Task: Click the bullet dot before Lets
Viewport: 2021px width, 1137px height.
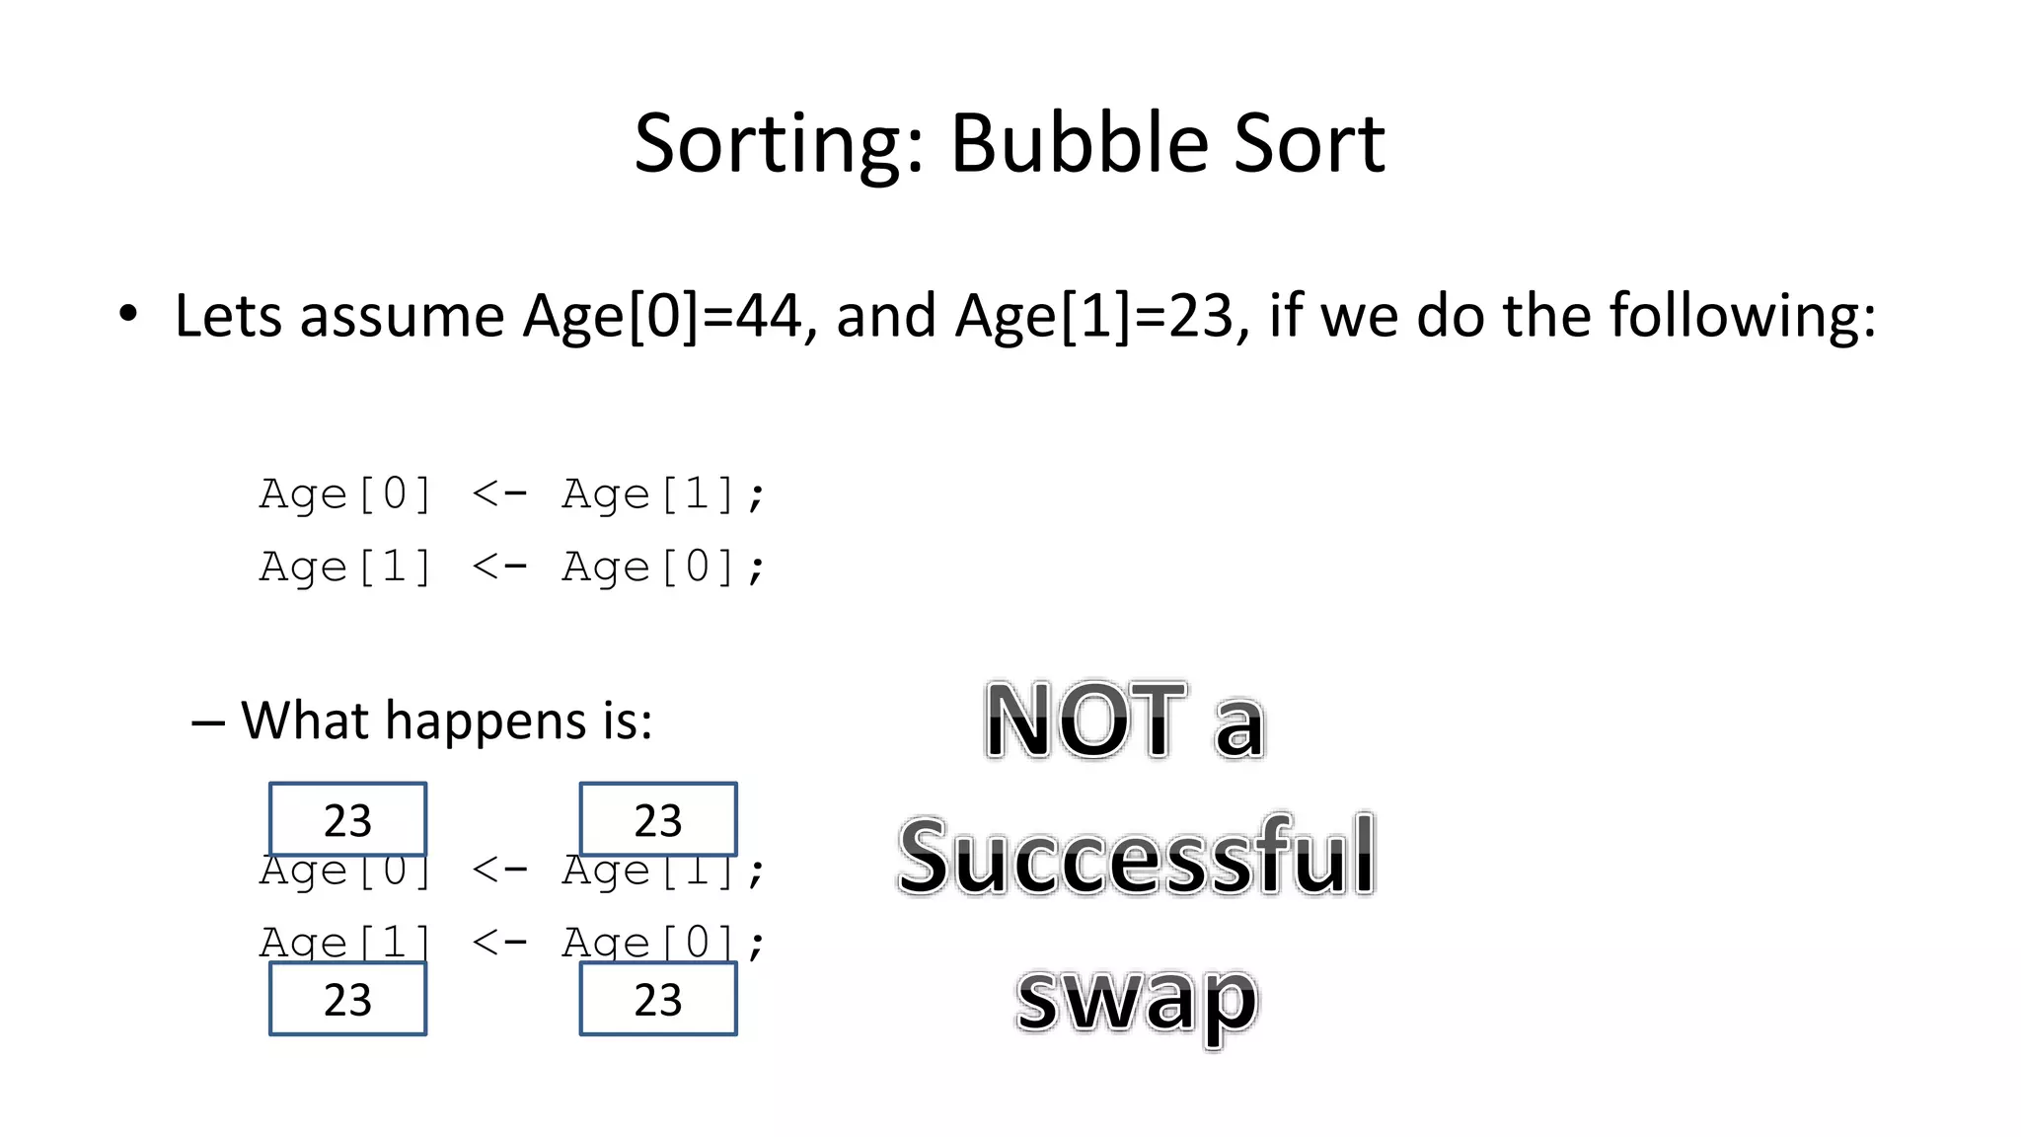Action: [128, 315]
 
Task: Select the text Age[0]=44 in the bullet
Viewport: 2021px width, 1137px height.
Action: [662, 317]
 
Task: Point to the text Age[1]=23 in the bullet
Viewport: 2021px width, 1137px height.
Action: [1094, 317]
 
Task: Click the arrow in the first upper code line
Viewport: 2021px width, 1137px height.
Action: [499, 492]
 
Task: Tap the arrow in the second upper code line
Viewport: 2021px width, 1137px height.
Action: [499, 566]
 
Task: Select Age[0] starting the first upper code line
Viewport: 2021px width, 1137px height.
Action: [345, 493]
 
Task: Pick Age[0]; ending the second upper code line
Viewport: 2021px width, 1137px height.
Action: [663, 568]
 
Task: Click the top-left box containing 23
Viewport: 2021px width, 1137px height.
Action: [347, 819]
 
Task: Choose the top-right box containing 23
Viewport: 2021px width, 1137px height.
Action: [658, 819]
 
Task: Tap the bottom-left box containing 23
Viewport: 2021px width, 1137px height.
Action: [347, 999]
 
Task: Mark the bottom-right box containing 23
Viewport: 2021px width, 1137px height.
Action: [658, 999]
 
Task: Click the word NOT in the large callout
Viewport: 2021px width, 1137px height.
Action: [1085, 721]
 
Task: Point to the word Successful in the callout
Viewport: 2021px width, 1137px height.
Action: [1137, 857]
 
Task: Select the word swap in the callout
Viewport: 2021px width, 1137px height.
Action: [1137, 999]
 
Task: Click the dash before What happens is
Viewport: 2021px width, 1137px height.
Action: [207, 723]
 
